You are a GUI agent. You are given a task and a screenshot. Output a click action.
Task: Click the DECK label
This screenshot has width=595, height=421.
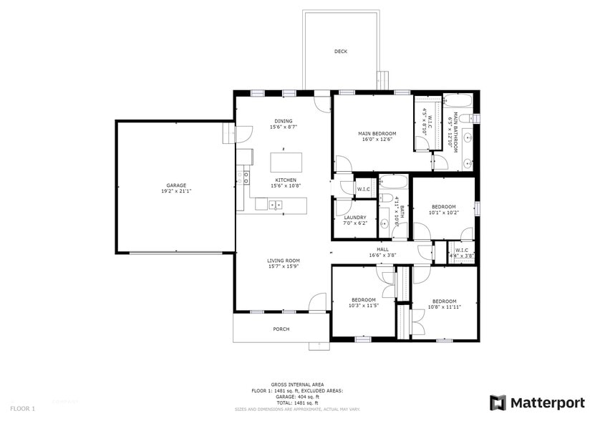(341, 52)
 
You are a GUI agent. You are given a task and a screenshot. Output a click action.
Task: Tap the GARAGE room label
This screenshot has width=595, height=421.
(176, 185)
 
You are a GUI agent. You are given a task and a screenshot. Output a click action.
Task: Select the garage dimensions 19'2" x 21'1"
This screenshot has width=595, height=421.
(176, 191)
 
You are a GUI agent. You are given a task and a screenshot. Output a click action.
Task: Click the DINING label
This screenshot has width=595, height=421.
(284, 121)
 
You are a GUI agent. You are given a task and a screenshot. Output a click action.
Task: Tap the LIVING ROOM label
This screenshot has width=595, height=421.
(284, 261)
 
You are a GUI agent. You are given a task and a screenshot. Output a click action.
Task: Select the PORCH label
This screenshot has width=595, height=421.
(281, 329)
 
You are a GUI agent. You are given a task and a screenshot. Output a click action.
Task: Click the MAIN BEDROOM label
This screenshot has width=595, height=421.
(377, 133)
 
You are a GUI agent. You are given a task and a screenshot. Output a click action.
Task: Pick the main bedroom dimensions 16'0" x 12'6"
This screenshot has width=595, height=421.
(377, 140)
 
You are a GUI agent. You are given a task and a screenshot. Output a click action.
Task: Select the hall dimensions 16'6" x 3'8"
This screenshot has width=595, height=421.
(382, 255)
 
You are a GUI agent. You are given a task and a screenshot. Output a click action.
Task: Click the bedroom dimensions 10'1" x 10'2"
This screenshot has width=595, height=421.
(443, 212)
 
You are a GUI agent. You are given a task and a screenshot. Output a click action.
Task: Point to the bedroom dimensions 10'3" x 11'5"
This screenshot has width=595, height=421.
(363, 306)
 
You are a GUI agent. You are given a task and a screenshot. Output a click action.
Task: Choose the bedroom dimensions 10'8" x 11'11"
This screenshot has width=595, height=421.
(444, 306)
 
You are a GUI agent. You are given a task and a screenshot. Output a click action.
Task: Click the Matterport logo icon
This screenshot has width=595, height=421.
(498, 402)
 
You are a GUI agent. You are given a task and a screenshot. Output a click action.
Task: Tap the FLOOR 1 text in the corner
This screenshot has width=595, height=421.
(21, 408)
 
